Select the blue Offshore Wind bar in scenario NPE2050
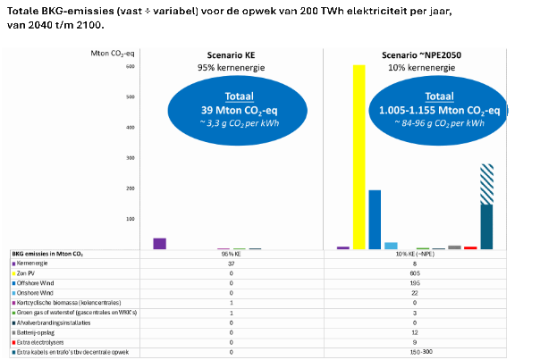point(375,219)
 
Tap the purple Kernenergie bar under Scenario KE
point(159,243)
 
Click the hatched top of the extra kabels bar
point(486,184)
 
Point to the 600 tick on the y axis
point(130,66)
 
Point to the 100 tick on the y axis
point(130,218)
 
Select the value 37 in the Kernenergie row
point(231,264)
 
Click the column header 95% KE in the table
point(231,255)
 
